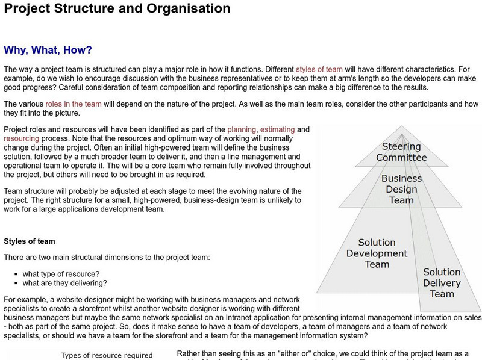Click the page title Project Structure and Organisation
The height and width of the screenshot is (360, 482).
117,8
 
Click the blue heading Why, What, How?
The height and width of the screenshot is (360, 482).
48,50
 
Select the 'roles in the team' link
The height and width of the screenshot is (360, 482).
74,104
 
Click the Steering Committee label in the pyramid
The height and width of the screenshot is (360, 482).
401,152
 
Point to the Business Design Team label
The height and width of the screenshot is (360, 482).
401,189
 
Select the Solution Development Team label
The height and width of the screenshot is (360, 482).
377,253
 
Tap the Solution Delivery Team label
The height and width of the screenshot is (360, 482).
442,282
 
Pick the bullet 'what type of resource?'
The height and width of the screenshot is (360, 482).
61,273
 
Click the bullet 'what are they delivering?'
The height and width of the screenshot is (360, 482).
65,283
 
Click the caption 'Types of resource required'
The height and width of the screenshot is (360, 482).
107,355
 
